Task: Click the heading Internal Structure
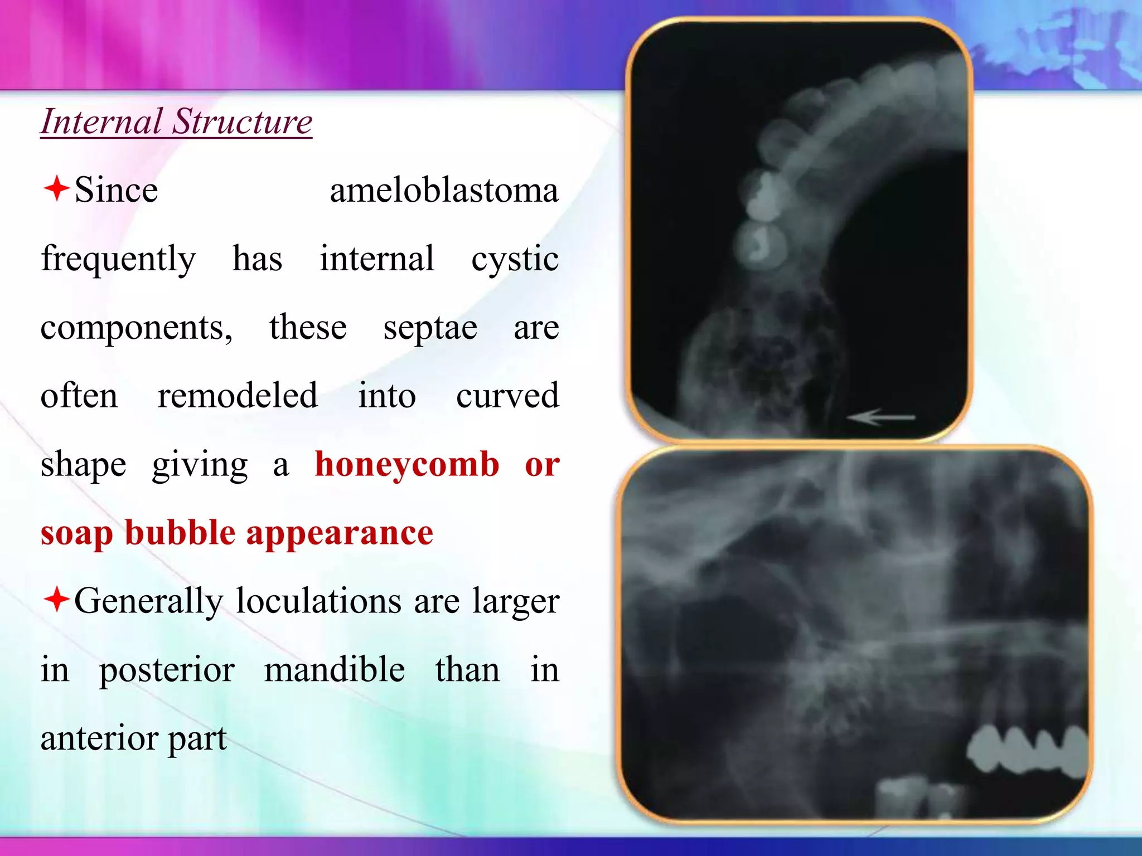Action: pyautogui.click(x=176, y=121)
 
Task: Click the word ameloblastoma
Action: pyautogui.click(x=444, y=191)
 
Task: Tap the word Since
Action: pyautogui.click(x=116, y=191)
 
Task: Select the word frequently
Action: pyautogui.click(x=118, y=260)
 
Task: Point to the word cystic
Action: pyautogui.click(x=515, y=260)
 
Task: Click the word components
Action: pyautogui.click(x=136, y=328)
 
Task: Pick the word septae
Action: pyautogui.click(x=430, y=328)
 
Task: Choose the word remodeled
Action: pyautogui.click(x=238, y=396)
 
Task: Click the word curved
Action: pyautogui.click(x=507, y=396)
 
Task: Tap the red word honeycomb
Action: pyautogui.click(x=407, y=465)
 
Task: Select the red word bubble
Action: pyautogui.click(x=180, y=533)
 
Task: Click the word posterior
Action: pyautogui.click(x=167, y=671)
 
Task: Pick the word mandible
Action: pyautogui.click(x=335, y=670)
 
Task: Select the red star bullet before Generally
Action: pyautogui.click(x=56, y=600)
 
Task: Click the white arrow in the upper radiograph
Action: pyautogui.click(x=881, y=417)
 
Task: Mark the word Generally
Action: pyautogui.click(x=148, y=602)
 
